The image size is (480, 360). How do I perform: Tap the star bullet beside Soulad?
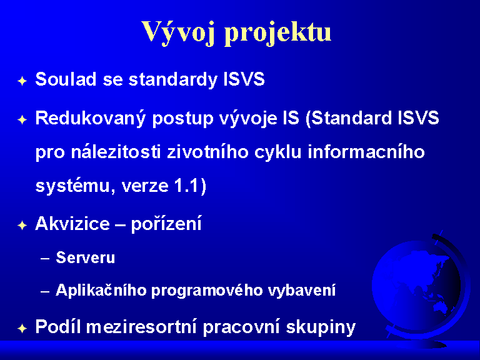(22, 81)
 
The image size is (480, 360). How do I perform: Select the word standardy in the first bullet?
(173, 79)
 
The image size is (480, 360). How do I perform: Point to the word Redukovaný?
(90, 119)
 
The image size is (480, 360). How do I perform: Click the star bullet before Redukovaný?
(22, 119)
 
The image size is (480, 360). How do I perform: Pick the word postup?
(182, 119)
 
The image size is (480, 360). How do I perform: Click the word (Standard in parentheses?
(349, 118)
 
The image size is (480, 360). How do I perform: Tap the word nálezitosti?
(116, 152)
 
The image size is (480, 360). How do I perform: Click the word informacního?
(366, 152)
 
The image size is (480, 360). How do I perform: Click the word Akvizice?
(72, 223)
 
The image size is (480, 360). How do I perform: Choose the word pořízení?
(166, 224)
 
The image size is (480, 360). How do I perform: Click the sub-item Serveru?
(86, 257)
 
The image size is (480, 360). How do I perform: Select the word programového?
(207, 291)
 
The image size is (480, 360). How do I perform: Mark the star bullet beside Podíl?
(22, 329)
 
